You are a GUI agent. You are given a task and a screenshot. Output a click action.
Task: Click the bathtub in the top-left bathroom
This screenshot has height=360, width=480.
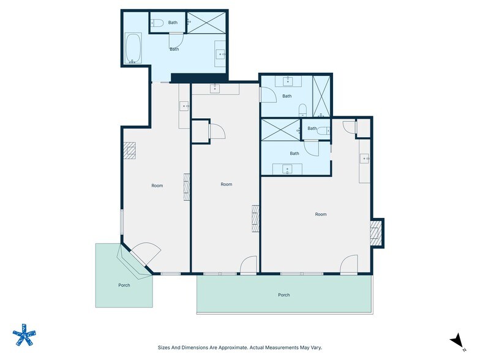pos(133,49)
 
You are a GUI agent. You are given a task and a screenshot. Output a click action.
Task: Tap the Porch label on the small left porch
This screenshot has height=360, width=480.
pos(124,285)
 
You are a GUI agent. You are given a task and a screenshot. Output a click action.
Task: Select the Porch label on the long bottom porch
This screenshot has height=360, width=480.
pos(283,295)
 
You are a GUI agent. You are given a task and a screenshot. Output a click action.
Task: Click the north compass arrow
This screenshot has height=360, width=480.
pos(455,340)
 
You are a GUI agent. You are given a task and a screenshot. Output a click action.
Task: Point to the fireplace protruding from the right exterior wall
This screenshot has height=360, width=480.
pos(376,233)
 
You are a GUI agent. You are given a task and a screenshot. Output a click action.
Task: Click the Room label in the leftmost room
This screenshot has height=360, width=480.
pos(157,186)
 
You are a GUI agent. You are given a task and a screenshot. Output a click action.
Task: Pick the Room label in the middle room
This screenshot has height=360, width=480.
pos(227,184)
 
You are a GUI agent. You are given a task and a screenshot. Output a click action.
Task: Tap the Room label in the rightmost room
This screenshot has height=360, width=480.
pos(321,214)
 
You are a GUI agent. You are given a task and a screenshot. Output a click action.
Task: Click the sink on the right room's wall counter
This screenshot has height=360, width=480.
pos(365,159)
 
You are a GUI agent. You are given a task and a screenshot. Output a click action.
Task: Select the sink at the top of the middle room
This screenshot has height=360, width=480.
pos(215,89)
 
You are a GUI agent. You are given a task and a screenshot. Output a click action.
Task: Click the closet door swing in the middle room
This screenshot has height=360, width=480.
pos(217,131)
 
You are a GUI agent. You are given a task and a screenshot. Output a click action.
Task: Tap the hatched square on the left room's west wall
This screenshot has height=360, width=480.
pos(129,151)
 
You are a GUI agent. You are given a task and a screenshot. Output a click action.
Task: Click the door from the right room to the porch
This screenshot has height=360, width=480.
pos(350,264)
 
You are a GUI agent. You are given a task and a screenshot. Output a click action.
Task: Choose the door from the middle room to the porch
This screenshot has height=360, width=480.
pos(249,265)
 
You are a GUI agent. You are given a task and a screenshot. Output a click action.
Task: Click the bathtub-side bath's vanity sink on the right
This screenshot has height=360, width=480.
pos(220,54)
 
